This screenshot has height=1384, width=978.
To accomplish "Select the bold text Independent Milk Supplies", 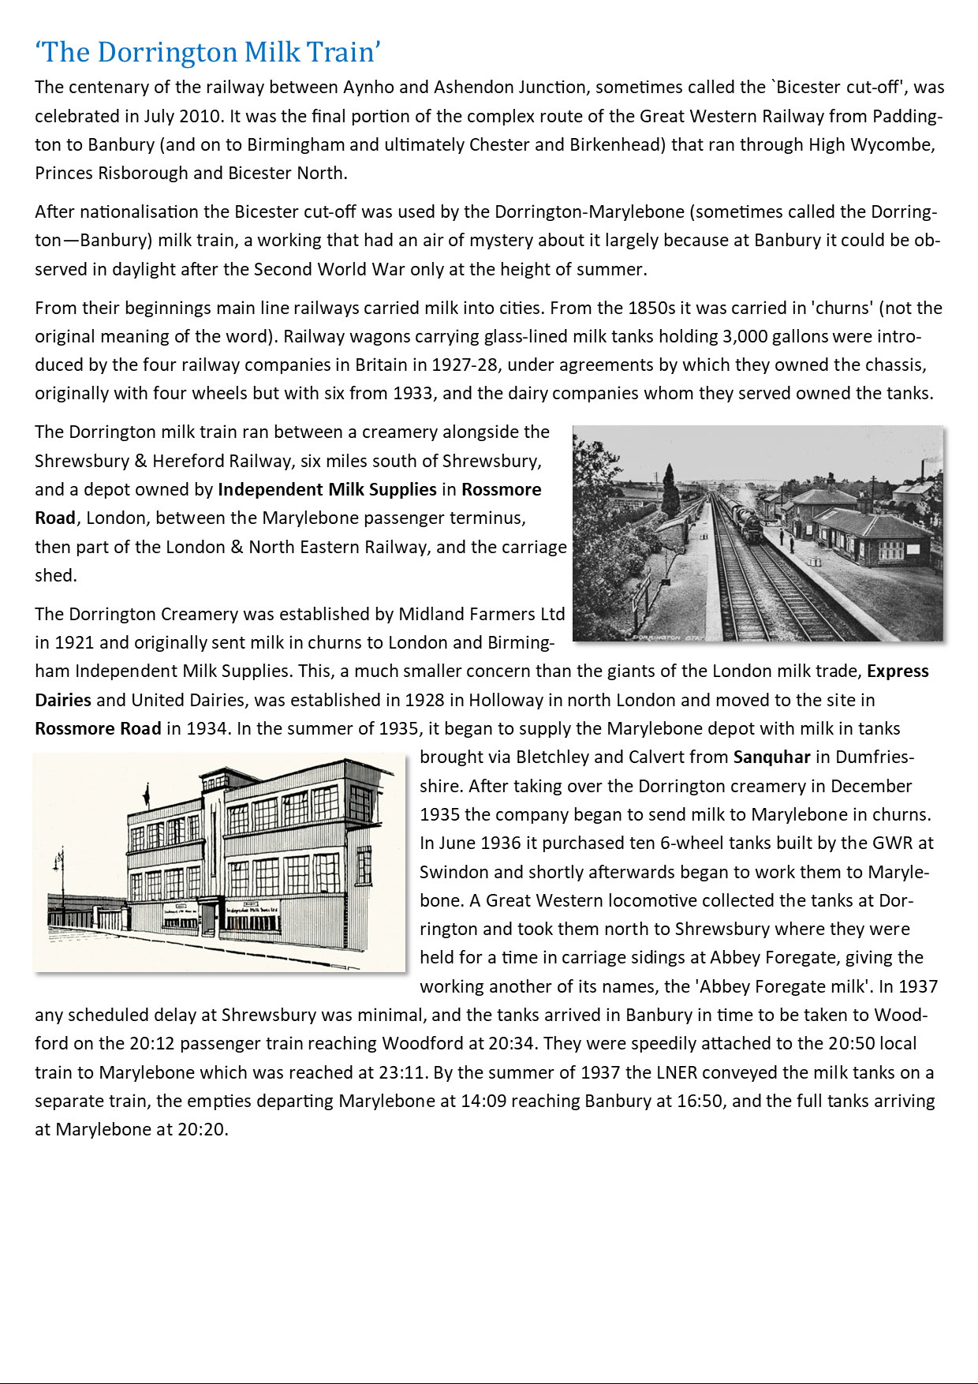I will [327, 489].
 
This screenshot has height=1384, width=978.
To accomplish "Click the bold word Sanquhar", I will [771, 757].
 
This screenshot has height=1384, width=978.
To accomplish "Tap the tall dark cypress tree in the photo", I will [671, 491].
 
